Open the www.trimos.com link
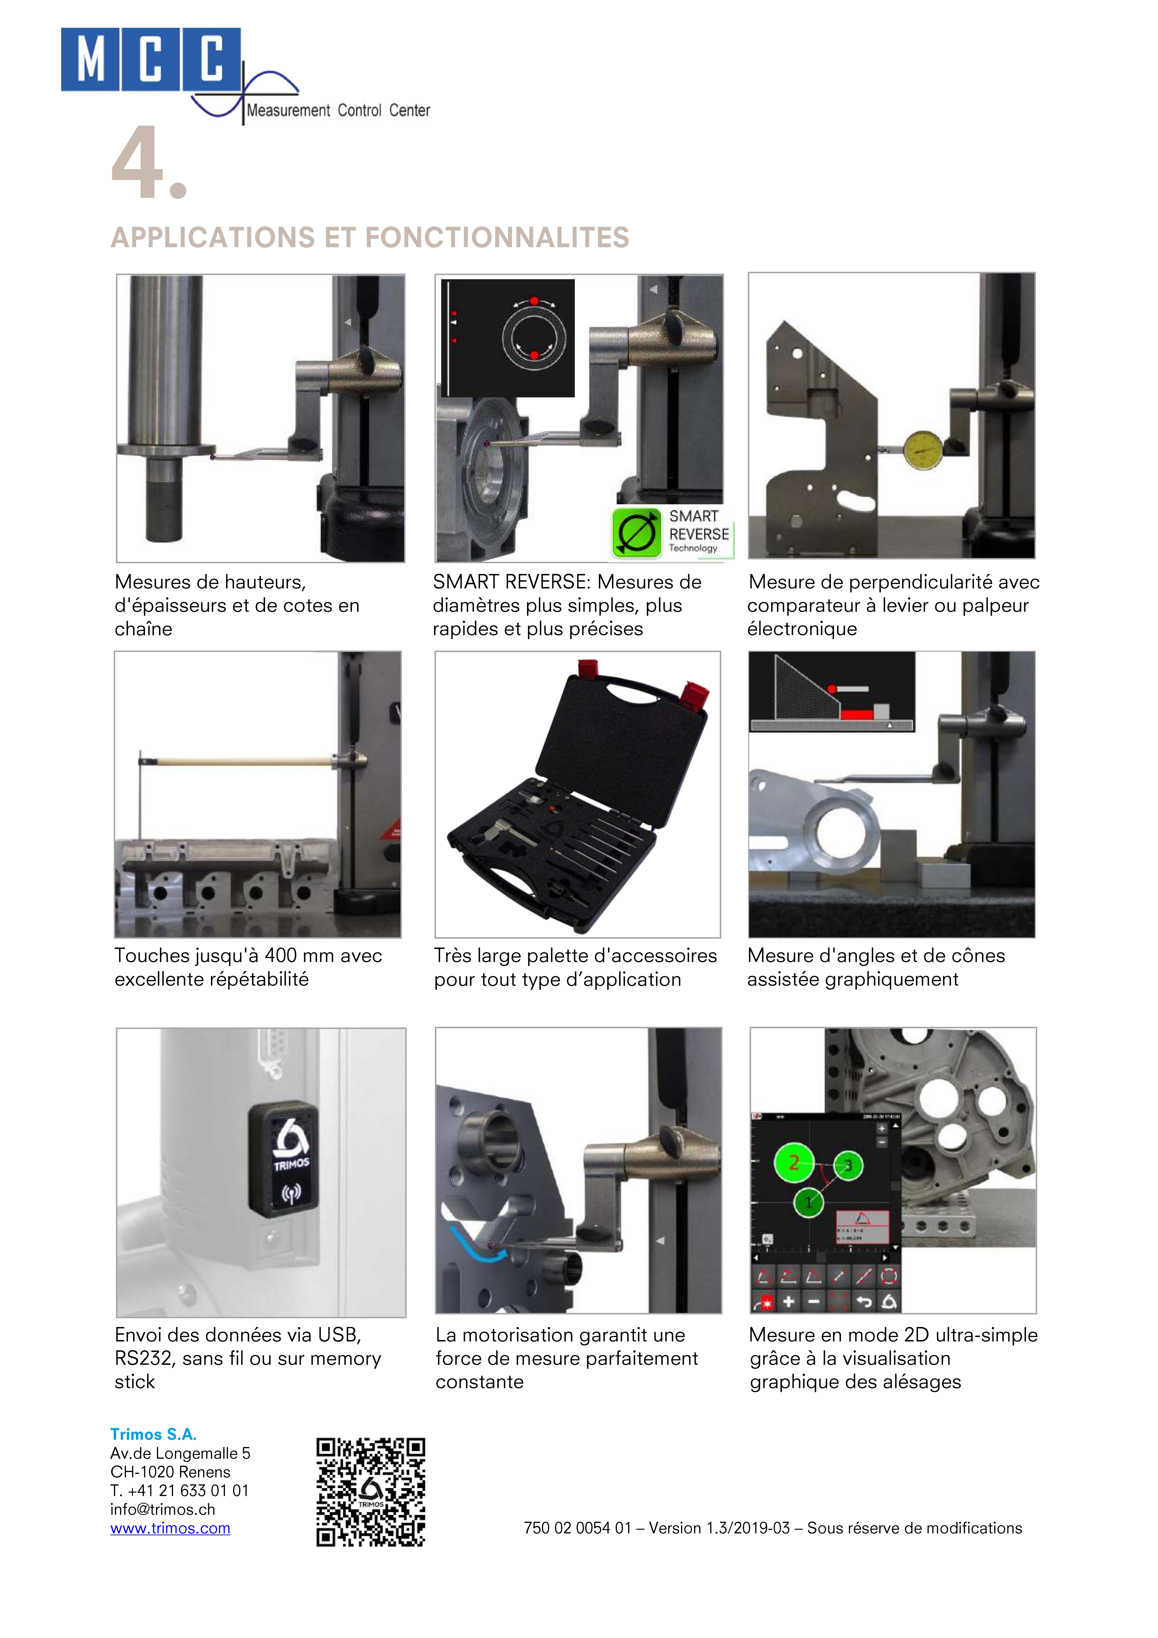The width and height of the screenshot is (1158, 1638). pos(170,1528)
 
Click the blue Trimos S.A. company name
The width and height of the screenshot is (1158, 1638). pos(153,1434)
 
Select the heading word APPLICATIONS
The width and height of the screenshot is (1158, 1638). pos(213,238)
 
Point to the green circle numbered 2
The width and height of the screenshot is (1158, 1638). pos(793,1163)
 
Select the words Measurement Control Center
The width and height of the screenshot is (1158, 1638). pos(338,111)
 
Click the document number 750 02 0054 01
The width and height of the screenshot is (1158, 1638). pos(578,1528)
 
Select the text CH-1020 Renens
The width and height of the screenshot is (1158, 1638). pos(171,1472)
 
